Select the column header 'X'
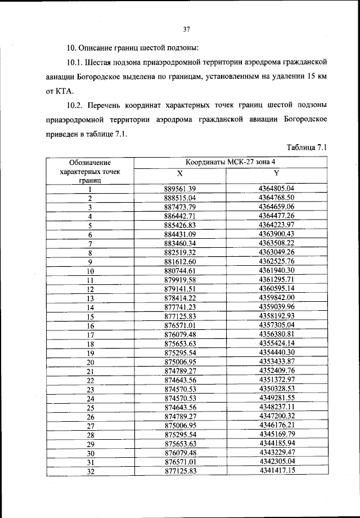click(x=180, y=173)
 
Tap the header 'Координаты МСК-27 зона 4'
click(x=228, y=162)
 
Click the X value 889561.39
click(x=180, y=188)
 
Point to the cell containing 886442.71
click(x=180, y=215)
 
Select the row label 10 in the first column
click(x=89, y=271)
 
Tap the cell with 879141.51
click(x=180, y=288)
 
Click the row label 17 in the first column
click(x=89, y=334)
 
